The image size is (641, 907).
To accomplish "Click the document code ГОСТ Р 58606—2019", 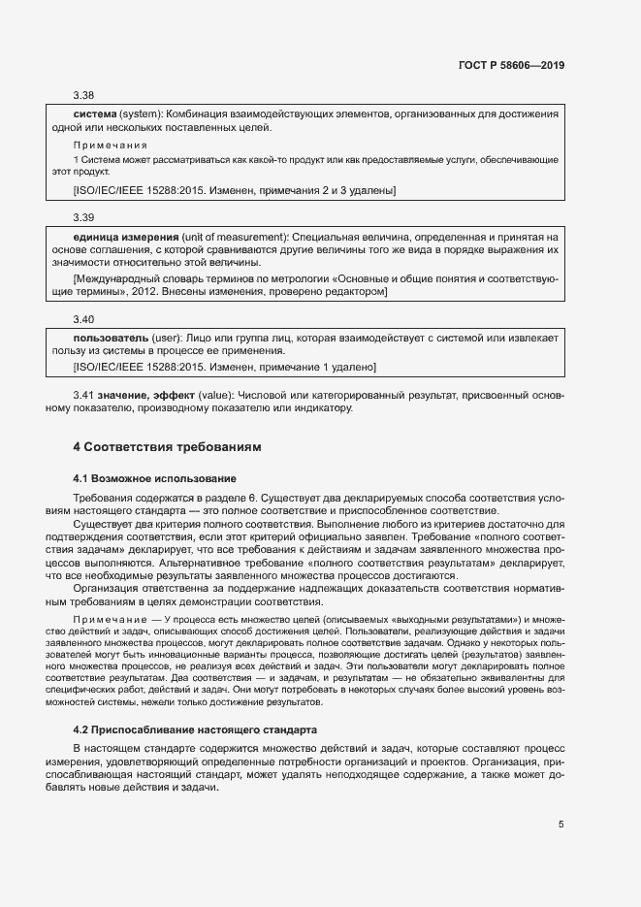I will click(511, 66).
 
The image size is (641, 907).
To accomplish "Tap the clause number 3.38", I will click(84, 95).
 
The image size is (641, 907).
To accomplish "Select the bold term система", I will click(95, 114).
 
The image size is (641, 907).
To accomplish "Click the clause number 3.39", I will click(84, 217).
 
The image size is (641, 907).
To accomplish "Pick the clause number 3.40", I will click(84, 318).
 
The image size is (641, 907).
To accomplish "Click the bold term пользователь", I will click(111, 338).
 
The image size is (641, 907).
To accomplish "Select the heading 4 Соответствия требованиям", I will click(168, 447).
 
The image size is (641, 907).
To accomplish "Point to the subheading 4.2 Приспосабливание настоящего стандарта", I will click(194, 728).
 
